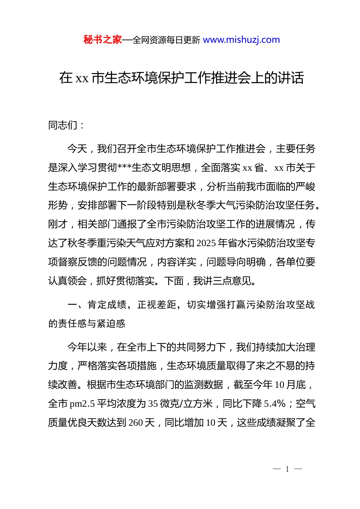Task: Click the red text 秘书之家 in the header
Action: (103, 40)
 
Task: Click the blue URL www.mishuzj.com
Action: (241, 40)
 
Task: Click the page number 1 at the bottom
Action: (287, 469)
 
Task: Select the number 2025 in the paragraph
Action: (207, 243)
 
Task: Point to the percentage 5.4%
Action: (275, 404)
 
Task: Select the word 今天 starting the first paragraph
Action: (77, 149)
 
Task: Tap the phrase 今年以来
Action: (87, 347)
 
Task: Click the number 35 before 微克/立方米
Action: (153, 404)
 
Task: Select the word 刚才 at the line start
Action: (58, 224)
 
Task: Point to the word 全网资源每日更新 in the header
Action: (166, 40)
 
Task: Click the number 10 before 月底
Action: (279, 385)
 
